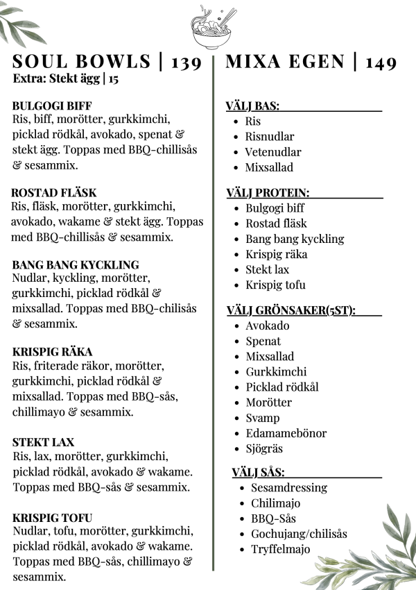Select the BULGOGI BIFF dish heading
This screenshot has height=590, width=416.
47,106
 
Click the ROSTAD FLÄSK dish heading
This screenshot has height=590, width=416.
54,192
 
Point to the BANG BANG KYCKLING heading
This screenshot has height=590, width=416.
76,264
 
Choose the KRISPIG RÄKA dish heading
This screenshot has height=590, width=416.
52,351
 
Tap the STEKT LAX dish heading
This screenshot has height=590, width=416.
43,442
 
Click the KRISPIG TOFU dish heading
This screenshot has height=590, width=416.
52,517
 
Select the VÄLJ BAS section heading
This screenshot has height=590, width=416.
252,106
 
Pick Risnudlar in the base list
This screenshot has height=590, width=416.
269,137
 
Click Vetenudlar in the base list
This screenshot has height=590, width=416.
272,152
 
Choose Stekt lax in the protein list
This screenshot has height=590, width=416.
267,269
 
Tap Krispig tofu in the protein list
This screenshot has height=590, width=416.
275,285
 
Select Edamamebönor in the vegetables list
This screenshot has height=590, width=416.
286,433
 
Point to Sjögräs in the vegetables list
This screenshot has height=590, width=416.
264,448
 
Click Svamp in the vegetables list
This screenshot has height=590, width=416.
263,418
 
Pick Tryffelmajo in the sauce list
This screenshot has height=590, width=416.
280,549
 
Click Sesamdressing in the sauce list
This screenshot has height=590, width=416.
288,487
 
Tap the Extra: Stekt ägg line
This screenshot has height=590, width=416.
65,78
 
